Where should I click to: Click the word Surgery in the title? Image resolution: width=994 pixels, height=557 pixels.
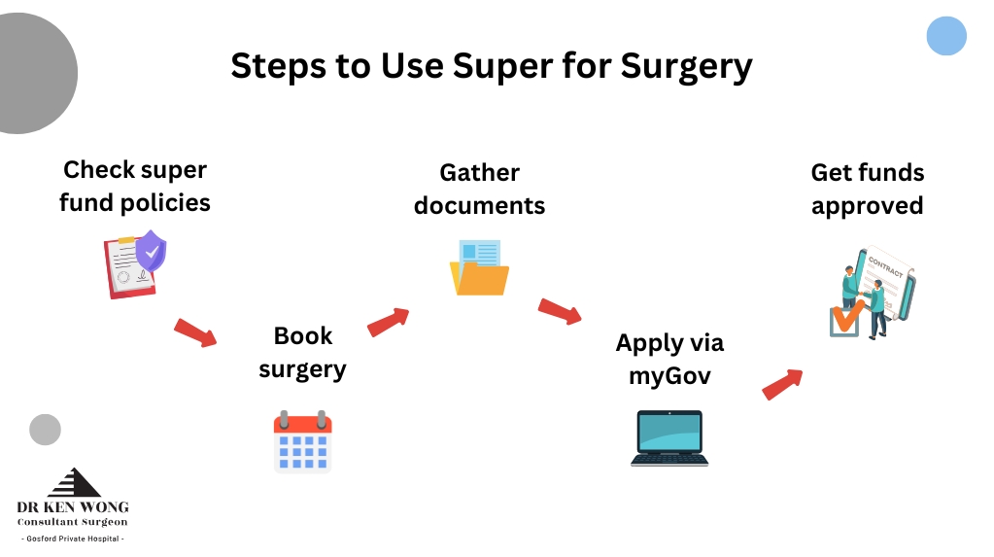(x=687, y=67)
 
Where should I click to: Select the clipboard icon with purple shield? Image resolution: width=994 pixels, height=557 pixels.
(x=135, y=264)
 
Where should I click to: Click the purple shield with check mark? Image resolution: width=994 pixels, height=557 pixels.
(x=151, y=251)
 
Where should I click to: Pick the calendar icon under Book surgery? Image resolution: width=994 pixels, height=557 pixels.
(x=302, y=441)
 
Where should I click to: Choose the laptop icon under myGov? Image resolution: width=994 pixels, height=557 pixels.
(x=669, y=438)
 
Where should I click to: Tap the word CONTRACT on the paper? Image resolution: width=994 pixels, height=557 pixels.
(x=885, y=266)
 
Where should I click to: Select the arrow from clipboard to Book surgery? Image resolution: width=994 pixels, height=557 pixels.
(x=195, y=332)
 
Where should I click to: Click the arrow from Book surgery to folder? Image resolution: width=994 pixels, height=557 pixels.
(x=388, y=322)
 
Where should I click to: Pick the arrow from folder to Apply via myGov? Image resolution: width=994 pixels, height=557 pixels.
(x=560, y=311)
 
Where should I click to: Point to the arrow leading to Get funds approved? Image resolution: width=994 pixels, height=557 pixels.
(x=782, y=384)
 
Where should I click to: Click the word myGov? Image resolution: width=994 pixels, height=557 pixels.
(x=669, y=376)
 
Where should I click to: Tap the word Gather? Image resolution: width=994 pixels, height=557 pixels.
(x=479, y=173)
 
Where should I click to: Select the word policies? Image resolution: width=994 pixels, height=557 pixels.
(x=165, y=203)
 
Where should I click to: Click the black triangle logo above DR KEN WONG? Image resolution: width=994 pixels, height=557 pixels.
(x=74, y=482)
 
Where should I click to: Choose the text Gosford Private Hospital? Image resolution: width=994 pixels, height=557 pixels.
(x=73, y=539)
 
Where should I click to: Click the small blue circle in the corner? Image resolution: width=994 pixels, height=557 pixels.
(x=946, y=36)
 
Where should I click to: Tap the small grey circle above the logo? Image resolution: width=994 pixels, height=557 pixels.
(x=45, y=430)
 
